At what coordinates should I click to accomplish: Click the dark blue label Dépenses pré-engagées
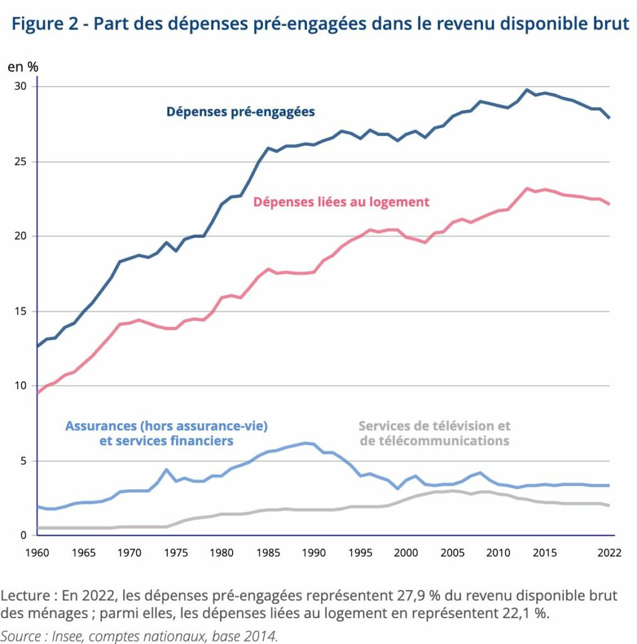pyautogui.click(x=240, y=112)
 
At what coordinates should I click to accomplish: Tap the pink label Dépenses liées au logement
pyautogui.click(x=341, y=202)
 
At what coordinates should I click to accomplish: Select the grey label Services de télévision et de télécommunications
pyautogui.click(x=435, y=433)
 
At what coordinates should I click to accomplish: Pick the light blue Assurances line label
pyautogui.click(x=167, y=433)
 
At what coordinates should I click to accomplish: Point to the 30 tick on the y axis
pyautogui.click(x=20, y=86)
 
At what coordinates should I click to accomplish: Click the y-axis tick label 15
pyautogui.click(x=20, y=311)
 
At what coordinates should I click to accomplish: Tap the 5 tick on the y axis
pyautogui.click(x=23, y=461)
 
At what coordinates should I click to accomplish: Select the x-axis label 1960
pyautogui.click(x=37, y=553)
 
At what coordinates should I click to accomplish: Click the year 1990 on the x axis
pyautogui.click(x=314, y=553)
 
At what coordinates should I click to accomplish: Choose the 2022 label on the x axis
pyautogui.click(x=609, y=553)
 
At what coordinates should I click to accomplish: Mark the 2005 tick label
pyautogui.click(x=452, y=553)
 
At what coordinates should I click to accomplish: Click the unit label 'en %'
pyautogui.click(x=23, y=67)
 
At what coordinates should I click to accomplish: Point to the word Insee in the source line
pyautogui.click(x=67, y=636)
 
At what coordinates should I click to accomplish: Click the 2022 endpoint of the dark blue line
pyautogui.click(x=609, y=118)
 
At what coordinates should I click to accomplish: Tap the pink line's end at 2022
pyautogui.click(x=609, y=204)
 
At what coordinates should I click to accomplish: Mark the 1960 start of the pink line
pyautogui.click(x=37, y=392)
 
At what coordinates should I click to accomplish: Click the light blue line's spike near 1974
pyautogui.click(x=167, y=469)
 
